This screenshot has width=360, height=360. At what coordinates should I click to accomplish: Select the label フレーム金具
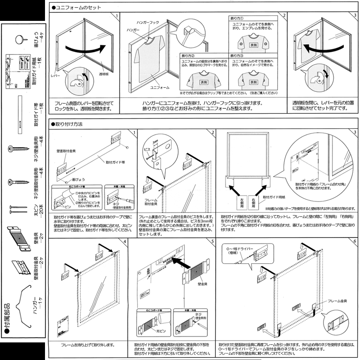coord(336,300)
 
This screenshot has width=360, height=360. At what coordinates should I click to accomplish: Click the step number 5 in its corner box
coord(213,242)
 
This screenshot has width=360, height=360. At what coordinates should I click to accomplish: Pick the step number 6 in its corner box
coord(355,242)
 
